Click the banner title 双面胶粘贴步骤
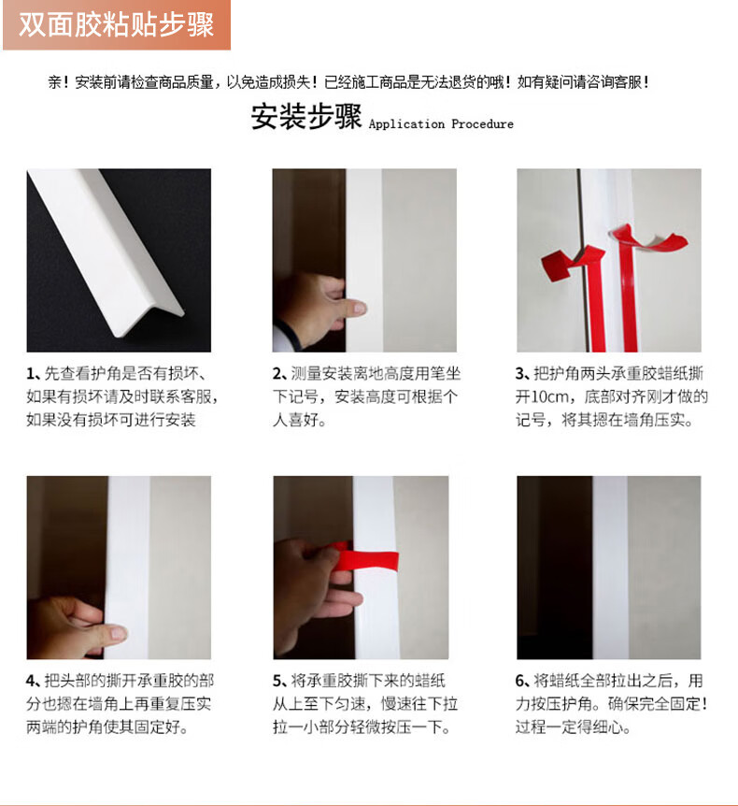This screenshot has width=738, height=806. (x=116, y=24)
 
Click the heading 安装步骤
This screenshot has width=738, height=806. (x=306, y=116)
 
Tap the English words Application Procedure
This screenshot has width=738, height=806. (x=441, y=123)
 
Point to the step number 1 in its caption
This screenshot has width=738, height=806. (x=31, y=374)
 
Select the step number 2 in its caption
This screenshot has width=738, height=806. (x=277, y=374)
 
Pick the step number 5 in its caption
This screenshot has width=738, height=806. (x=277, y=681)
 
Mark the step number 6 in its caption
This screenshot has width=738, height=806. (x=520, y=681)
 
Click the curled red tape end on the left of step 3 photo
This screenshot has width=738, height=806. (x=570, y=263)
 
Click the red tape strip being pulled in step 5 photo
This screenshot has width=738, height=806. (x=365, y=559)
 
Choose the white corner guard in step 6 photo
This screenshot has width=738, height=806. (x=610, y=568)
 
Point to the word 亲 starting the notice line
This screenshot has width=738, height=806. (x=55, y=82)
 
